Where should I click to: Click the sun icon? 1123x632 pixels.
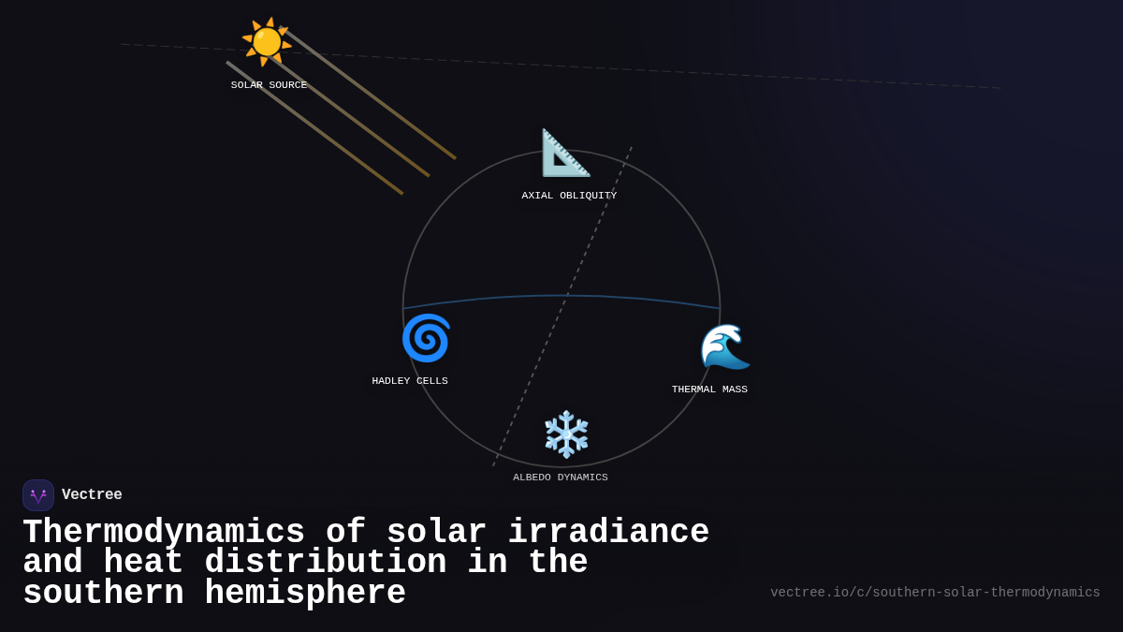click(267, 42)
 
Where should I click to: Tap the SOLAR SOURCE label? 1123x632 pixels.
click(269, 85)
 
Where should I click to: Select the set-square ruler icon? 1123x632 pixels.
click(565, 153)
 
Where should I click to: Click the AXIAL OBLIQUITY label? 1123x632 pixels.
click(569, 196)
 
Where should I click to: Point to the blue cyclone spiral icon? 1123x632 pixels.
click(426, 338)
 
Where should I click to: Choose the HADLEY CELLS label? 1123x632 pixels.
click(410, 381)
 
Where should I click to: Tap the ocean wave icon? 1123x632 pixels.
click(725, 346)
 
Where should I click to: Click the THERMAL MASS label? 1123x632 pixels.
click(709, 389)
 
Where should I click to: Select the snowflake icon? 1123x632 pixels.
click(566, 434)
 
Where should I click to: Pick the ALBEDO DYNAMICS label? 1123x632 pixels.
click(561, 478)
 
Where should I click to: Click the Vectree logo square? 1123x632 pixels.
click(38, 495)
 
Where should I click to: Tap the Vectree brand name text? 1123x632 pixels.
click(92, 495)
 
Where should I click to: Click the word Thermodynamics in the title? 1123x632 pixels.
click(164, 533)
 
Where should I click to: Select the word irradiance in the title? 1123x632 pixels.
click(608, 533)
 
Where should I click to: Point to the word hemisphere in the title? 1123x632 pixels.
click(305, 594)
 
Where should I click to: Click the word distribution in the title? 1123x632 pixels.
click(326, 563)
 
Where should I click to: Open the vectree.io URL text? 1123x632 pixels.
click(935, 593)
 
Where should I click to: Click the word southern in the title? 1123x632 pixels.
click(103, 594)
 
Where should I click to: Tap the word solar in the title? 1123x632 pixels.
click(436, 533)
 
